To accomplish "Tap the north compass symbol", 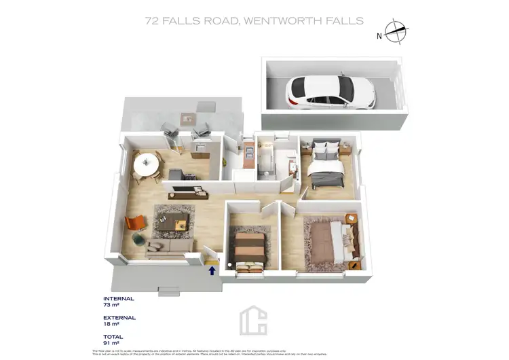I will point(394,31).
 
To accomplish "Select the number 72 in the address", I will point(152,21).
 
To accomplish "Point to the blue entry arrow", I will point(212,270).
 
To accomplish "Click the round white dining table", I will point(146,163).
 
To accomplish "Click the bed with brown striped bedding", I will point(249,248).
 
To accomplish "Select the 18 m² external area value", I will point(111,325).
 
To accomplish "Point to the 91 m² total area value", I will point(110,344).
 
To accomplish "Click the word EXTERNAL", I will point(119,317).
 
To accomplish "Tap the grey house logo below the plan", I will point(254,320).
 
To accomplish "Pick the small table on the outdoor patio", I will point(187,119).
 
